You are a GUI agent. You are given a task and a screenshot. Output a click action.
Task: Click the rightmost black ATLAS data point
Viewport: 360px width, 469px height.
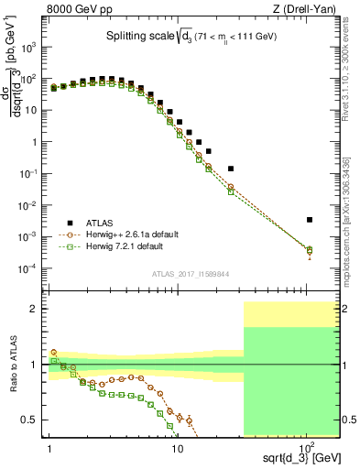point(310,220)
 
